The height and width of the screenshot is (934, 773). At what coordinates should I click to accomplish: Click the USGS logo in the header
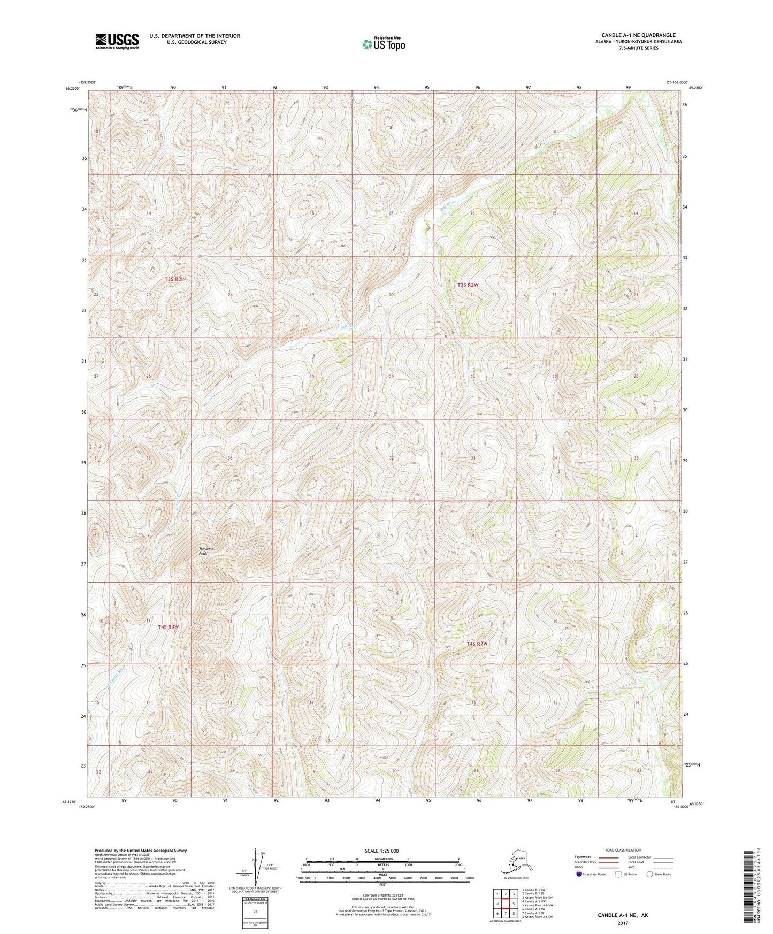tap(117, 41)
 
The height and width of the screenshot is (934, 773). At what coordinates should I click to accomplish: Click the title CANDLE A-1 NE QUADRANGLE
tap(638, 35)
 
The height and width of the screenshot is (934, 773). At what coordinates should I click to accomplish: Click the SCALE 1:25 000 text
tap(382, 851)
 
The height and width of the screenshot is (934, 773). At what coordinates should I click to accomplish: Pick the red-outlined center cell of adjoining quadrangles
tap(506, 904)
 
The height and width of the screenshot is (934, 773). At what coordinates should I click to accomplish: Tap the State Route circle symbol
tap(650, 874)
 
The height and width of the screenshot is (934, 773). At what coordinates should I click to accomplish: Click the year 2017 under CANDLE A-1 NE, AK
tap(622, 923)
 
